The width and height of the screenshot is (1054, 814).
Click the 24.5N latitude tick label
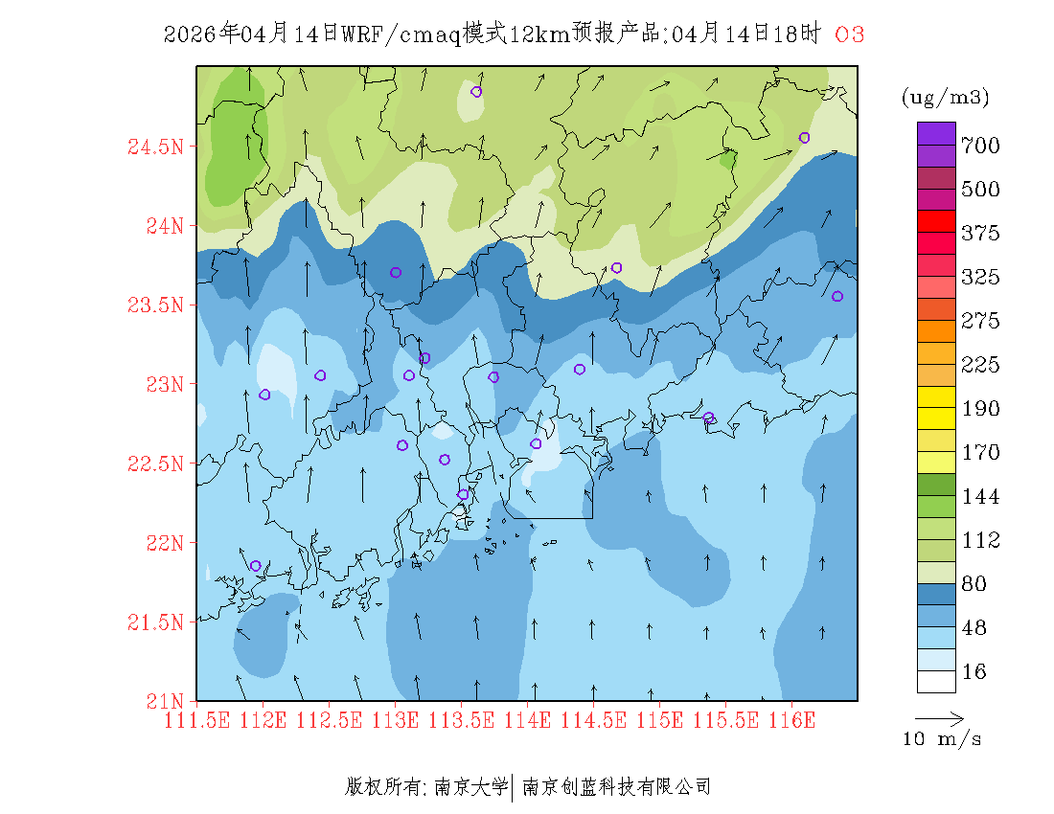click(155, 147)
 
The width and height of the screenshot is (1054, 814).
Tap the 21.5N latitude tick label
click(155, 622)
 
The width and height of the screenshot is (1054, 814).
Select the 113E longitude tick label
click(396, 720)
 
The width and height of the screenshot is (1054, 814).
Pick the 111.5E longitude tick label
click(197, 720)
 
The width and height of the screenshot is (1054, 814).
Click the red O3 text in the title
click(850, 34)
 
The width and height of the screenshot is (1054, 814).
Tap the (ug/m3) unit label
click(945, 98)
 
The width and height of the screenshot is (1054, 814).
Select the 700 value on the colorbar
click(981, 146)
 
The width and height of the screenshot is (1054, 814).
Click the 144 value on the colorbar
click(981, 496)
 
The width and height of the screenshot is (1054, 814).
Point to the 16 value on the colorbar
click(974, 672)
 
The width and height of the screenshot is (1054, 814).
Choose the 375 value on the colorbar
click(981, 234)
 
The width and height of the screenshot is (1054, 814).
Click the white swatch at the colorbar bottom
click(936, 681)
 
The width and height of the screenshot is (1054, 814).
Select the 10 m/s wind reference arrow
click(939, 717)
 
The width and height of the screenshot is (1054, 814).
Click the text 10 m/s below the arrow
click(943, 739)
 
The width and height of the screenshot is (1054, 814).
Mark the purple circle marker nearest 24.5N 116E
click(804, 137)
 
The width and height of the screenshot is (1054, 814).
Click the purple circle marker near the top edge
click(476, 92)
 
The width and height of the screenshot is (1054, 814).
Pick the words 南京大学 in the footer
click(470, 787)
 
